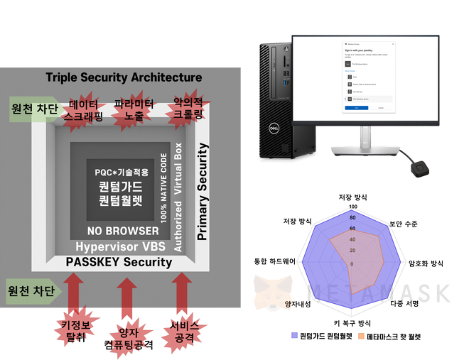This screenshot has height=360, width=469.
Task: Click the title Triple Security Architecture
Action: (x=124, y=77)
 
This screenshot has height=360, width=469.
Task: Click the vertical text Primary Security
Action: (x=202, y=191)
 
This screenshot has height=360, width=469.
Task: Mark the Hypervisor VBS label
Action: (x=120, y=246)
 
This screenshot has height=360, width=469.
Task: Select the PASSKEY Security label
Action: (x=119, y=262)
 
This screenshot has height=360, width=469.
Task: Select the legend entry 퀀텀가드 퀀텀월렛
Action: (x=321, y=335)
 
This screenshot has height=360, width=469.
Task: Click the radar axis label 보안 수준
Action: (x=403, y=224)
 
